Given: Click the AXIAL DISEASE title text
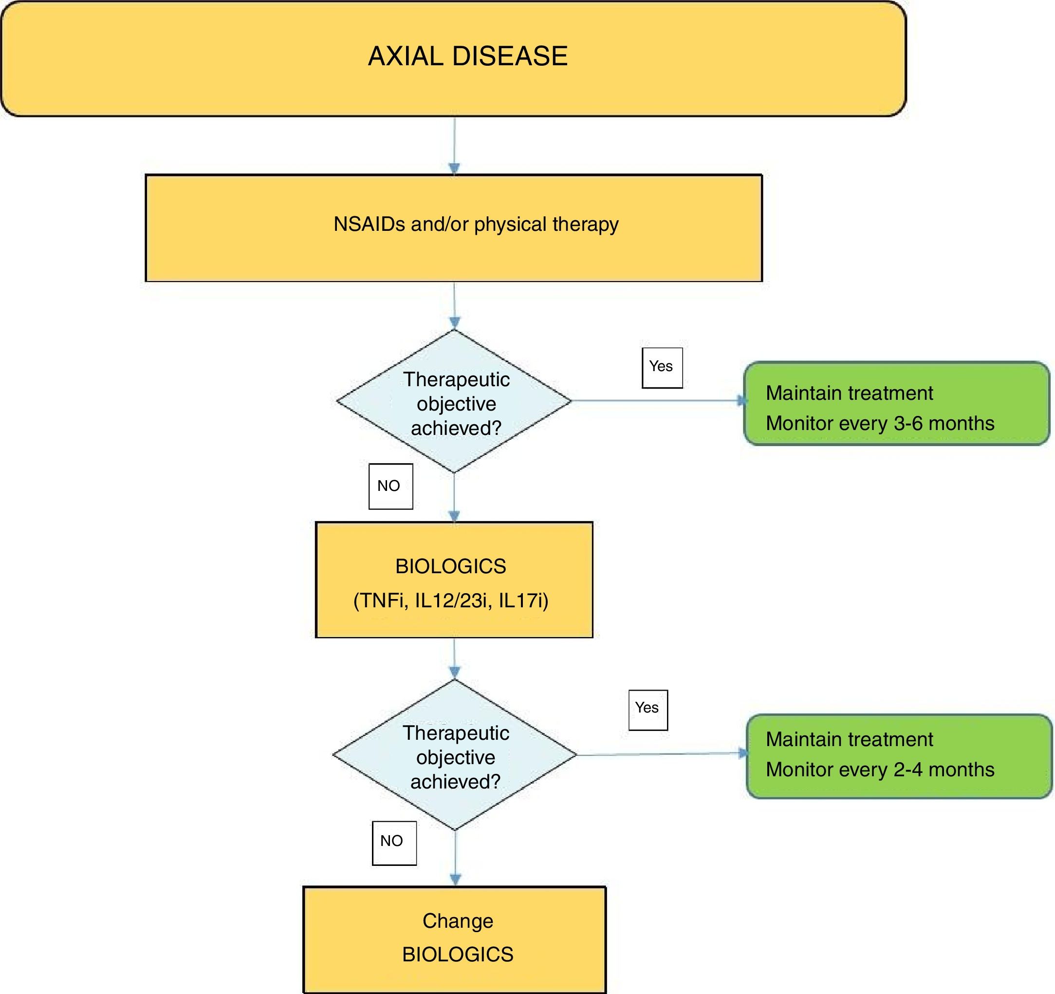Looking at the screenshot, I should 467,56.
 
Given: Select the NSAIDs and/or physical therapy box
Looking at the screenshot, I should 454,228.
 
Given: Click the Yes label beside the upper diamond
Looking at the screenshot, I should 662,367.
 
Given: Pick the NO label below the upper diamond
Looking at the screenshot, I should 390,487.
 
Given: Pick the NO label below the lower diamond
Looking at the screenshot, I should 393,842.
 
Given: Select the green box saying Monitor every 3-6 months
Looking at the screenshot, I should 896,404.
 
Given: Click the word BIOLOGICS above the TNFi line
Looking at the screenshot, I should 450,566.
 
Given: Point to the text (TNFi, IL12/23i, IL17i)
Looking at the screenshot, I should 450,600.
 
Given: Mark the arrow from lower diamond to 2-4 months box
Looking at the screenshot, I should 661,754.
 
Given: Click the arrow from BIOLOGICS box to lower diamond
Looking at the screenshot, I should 454,658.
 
